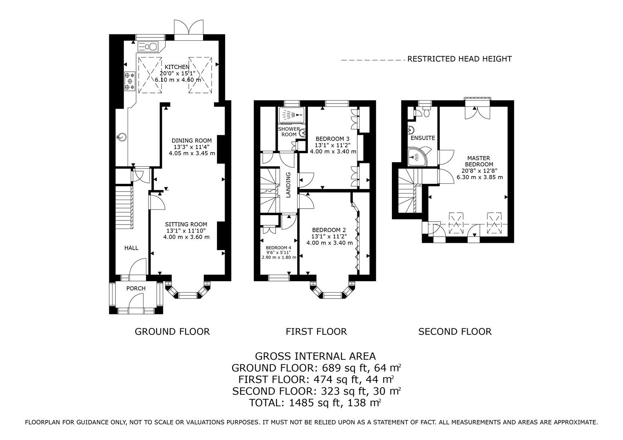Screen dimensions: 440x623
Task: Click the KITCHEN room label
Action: click(177, 67)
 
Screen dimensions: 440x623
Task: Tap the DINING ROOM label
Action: click(192, 141)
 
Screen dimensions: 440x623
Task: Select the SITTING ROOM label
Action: click(186, 224)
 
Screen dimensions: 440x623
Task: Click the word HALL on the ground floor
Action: click(131, 248)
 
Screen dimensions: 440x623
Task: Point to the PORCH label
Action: click(136, 288)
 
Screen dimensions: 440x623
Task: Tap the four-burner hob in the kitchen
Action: click(130, 81)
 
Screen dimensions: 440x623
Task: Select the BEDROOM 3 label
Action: click(332, 138)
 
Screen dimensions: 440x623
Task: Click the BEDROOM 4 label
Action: click(278, 248)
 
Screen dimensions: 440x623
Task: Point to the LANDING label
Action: click(288, 185)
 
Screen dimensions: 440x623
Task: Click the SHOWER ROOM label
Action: click(289, 132)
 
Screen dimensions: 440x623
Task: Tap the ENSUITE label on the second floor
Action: click(423, 138)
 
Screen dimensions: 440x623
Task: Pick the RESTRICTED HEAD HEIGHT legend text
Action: click(460, 59)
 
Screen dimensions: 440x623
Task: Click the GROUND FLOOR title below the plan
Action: click(172, 332)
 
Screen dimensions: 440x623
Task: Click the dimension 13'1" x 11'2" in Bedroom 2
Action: click(328, 236)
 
